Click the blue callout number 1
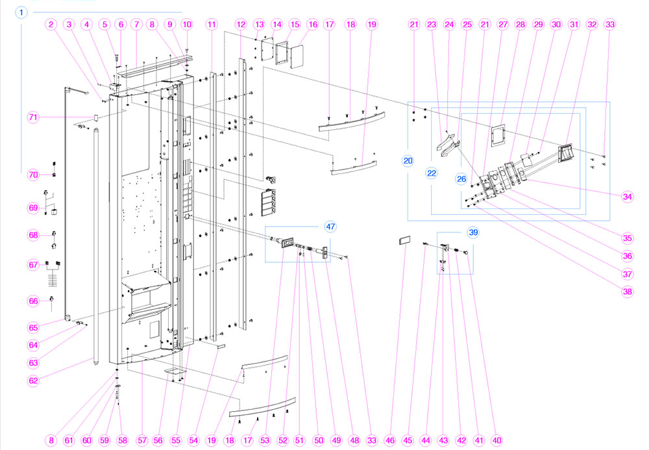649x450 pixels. (22, 12)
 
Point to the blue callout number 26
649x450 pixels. (463, 179)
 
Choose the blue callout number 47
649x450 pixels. (331, 227)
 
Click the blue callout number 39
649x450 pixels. (473, 232)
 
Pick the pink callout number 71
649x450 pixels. (33, 117)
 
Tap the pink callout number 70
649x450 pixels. (33, 175)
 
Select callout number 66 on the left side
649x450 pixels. (33, 301)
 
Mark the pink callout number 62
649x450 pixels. (33, 381)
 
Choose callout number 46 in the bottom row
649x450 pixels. (389, 440)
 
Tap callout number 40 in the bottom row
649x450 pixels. (497, 440)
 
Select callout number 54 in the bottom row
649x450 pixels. (193, 440)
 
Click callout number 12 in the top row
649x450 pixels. (241, 25)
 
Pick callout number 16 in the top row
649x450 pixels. (313, 25)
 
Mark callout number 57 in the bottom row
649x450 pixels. (140, 440)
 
